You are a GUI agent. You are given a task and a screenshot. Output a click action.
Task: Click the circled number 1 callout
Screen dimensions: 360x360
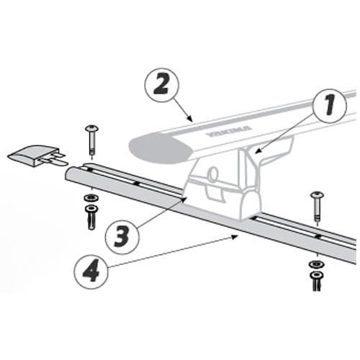pos(329,106)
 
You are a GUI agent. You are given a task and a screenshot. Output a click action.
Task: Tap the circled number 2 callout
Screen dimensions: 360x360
pos(162,85)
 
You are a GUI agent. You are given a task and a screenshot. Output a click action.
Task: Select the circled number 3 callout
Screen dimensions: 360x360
pos(122,236)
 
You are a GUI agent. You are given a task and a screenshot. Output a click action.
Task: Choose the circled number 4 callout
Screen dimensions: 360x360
pos(91,272)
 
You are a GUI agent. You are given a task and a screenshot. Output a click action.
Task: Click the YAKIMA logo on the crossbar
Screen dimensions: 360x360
pos(229,131)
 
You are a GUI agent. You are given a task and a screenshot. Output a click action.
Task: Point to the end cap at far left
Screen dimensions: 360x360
pos(37,156)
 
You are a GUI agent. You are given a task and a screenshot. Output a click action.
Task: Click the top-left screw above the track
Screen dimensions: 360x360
pos(91,140)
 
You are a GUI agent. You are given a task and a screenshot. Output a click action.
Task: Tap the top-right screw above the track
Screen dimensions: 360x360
pos(318,206)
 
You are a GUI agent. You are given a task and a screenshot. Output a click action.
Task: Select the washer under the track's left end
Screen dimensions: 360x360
pos(91,198)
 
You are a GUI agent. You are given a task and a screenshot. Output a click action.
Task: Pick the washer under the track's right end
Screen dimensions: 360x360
pos(317,265)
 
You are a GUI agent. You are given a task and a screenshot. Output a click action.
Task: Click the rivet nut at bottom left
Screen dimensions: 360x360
pos(91,217)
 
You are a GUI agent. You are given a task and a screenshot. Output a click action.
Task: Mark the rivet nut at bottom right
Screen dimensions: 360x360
pos(317,281)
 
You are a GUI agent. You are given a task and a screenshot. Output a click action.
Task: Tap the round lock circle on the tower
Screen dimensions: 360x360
pos(212,173)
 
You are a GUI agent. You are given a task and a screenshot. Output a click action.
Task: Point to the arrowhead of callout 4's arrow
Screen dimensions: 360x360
pos(235,237)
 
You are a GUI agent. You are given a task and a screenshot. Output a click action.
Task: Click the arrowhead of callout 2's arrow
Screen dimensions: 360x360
pos(190,119)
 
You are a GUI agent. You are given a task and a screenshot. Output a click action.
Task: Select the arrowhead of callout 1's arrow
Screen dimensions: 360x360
pos(258,152)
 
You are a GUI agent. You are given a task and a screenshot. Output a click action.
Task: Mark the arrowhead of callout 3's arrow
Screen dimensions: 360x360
pos(185,199)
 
